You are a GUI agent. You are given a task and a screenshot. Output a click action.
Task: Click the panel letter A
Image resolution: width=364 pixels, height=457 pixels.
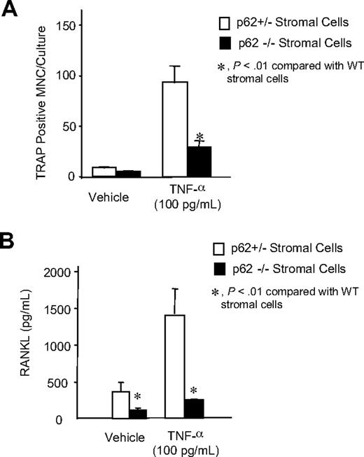tap(10, 11)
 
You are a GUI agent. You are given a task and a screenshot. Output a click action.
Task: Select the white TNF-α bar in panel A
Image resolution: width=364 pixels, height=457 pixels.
tap(174, 129)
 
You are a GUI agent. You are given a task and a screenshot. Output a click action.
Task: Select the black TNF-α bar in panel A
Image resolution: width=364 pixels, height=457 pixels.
tap(199, 162)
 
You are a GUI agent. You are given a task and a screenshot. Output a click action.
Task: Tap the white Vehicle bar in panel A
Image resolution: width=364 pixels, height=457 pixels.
tap(104, 172)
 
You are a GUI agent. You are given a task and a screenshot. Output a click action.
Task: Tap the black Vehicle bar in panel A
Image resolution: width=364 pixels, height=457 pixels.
tap(129, 174)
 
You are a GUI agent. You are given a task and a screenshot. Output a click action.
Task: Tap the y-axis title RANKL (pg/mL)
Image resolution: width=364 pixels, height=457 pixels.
tap(29, 346)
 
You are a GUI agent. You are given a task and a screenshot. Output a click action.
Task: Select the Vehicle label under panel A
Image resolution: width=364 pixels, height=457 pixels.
tap(108, 195)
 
